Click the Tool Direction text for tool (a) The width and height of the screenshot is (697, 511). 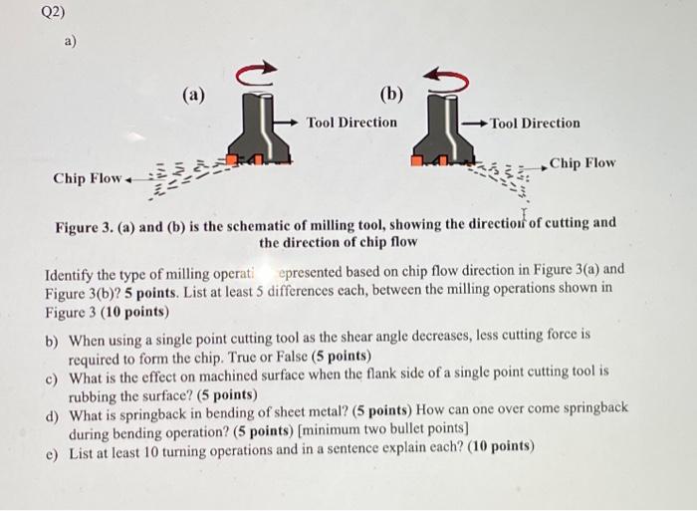[351, 123]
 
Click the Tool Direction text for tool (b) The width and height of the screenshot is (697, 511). [535, 124]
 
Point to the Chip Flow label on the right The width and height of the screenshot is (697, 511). [582, 162]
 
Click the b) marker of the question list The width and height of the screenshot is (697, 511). [52, 339]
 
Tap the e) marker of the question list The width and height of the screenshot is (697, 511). [52, 445]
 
